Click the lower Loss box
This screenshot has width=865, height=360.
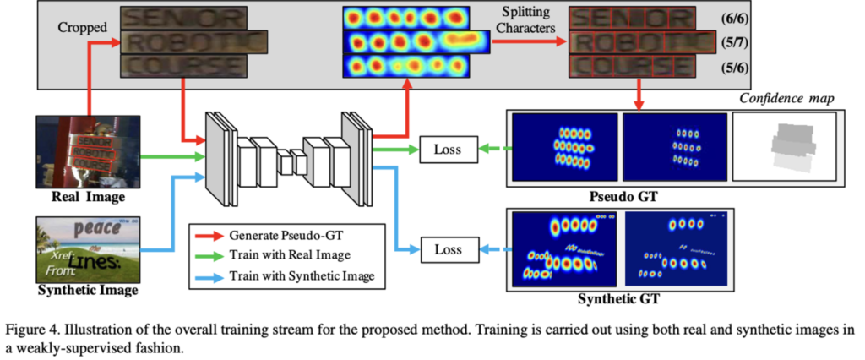[x=448, y=249]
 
